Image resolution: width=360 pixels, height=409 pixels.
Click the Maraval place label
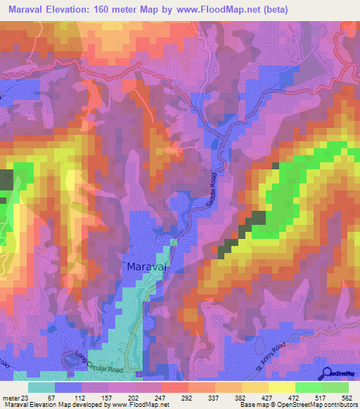pos(148,267)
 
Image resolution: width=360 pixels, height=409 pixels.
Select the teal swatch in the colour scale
pos(41,387)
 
